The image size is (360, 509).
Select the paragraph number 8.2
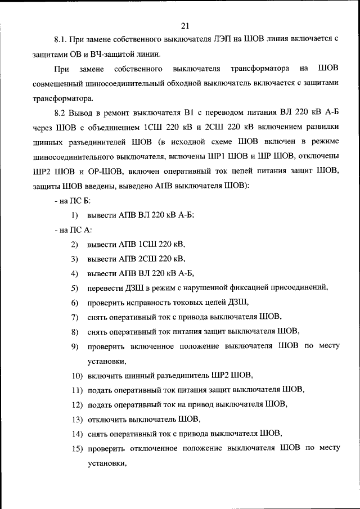(61, 113)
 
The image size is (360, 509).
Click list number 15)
(76, 448)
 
